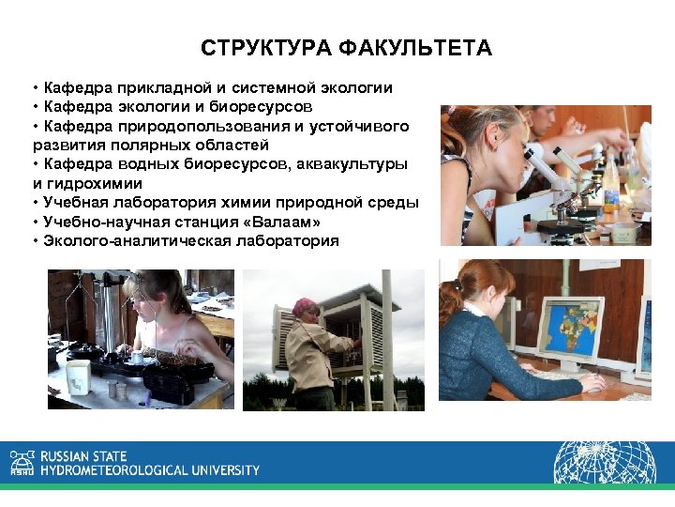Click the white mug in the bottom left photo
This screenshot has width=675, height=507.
click(79, 376)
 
